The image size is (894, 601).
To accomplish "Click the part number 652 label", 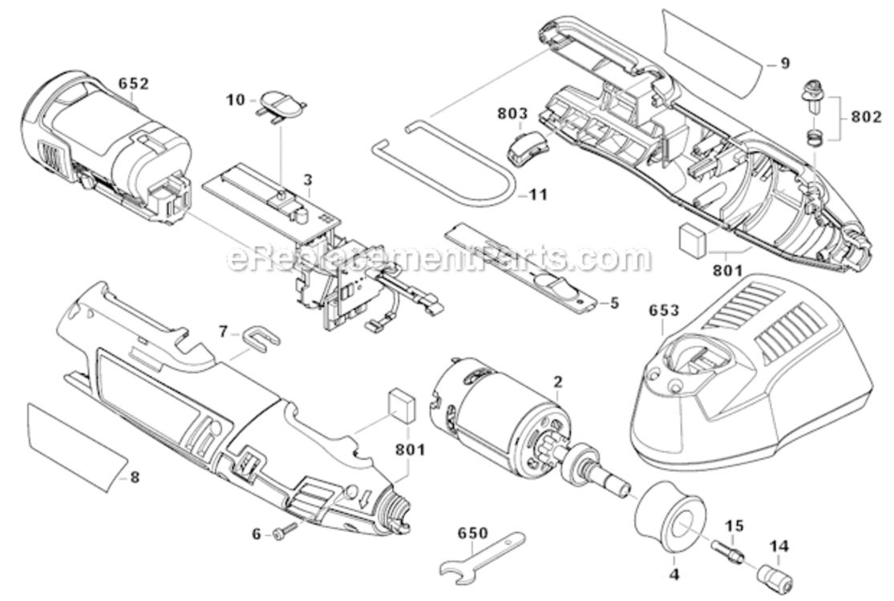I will pos(134,83).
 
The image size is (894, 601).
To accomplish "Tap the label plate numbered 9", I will pos(710,44).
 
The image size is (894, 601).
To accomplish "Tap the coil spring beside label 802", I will pos(815,138).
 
